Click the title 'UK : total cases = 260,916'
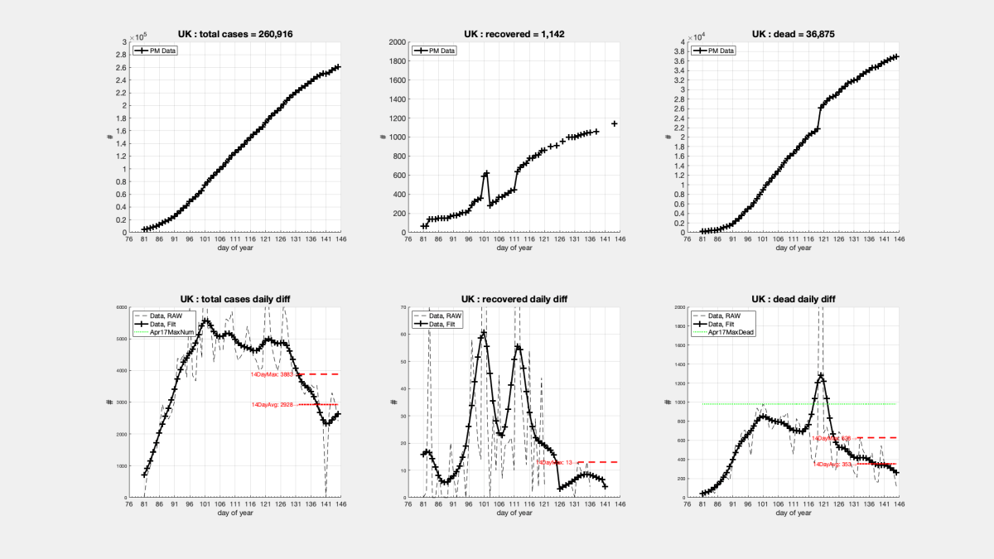[235, 34]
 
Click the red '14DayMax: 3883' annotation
[273, 374]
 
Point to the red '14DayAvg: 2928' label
[273, 405]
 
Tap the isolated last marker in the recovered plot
[614, 123]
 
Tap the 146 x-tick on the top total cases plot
[340, 242]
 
